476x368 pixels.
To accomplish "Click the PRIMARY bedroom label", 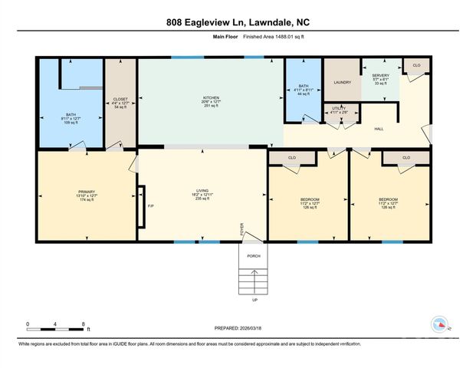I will [x=85, y=191].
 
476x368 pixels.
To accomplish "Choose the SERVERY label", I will [x=381, y=75].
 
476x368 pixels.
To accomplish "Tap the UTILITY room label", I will [x=338, y=109].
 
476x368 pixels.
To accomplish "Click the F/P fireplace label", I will [x=150, y=205].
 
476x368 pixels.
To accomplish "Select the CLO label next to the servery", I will [x=416, y=65].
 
